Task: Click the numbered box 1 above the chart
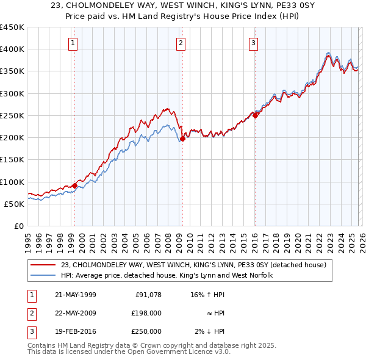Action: (73, 43)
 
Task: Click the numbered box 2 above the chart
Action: (181, 43)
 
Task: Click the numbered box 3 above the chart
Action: (253, 43)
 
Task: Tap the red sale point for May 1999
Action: (74, 185)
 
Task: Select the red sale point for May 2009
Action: (182, 139)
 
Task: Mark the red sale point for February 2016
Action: (255, 115)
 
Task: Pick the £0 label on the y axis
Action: (18, 226)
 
